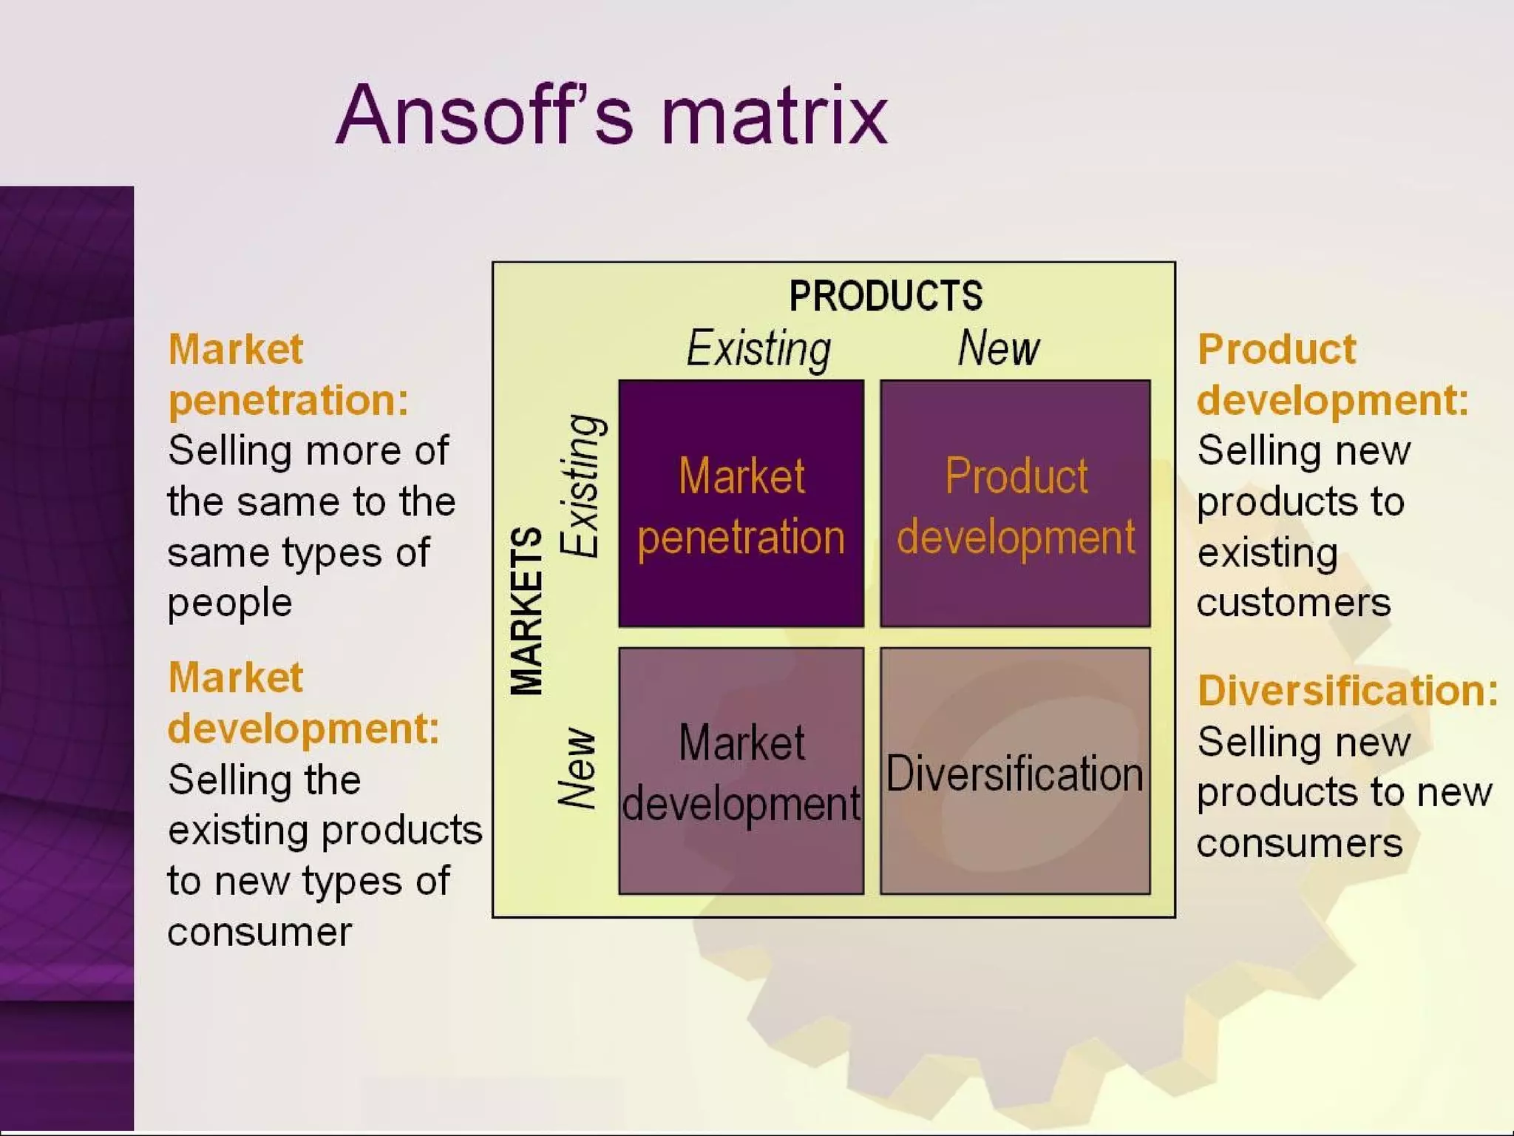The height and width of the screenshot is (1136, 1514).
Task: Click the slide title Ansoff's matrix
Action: [x=611, y=115]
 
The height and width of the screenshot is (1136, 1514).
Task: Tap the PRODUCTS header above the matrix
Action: [x=886, y=296]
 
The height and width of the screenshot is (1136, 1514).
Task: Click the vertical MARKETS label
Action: [x=527, y=611]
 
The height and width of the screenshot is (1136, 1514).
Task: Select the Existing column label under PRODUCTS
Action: [x=758, y=348]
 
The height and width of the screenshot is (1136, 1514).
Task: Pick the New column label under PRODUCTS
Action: [x=999, y=348]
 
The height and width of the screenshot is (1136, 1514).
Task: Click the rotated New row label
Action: [x=577, y=767]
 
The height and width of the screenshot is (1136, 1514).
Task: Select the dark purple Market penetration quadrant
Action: [x=741, y=504]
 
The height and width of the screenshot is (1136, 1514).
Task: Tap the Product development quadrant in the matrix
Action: [x=1015, y=504]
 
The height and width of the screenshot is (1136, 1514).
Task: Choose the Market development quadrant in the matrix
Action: [x=741, y=771]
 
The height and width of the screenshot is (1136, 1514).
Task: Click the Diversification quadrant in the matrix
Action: [x=1015, y=771]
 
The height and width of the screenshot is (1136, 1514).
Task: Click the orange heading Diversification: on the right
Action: [x=1348, y=691]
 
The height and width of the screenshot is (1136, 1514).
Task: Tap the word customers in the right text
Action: [x=1294, y=603]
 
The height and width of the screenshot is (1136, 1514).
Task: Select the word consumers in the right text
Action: [x=1300, y=844]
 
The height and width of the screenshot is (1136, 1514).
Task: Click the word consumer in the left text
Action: [x=259, y=933]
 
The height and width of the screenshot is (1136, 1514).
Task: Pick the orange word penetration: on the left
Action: [x=288, y=401]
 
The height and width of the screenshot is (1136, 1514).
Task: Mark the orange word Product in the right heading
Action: [x=1277, y=349]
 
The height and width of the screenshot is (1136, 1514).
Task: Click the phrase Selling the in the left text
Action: [x=264, y=780]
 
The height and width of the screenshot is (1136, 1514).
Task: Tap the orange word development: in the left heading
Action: [x=303, y=729]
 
